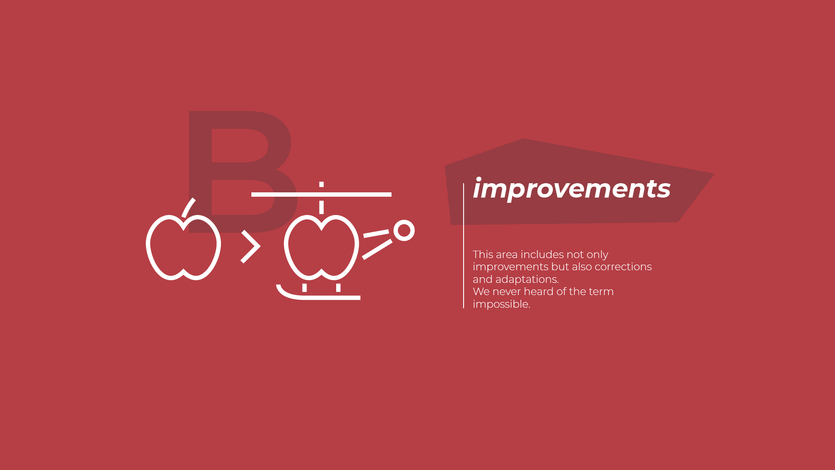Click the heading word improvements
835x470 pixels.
point(571,189)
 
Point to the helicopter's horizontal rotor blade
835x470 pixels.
point(321,195)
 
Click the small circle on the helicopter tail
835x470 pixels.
point(404,230)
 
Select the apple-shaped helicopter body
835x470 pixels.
point(321,247)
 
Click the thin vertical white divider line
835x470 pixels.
point(464,246)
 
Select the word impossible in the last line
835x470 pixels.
point(501,304)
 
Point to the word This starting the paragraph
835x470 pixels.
point(482,255)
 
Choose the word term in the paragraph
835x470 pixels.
point(601,292)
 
